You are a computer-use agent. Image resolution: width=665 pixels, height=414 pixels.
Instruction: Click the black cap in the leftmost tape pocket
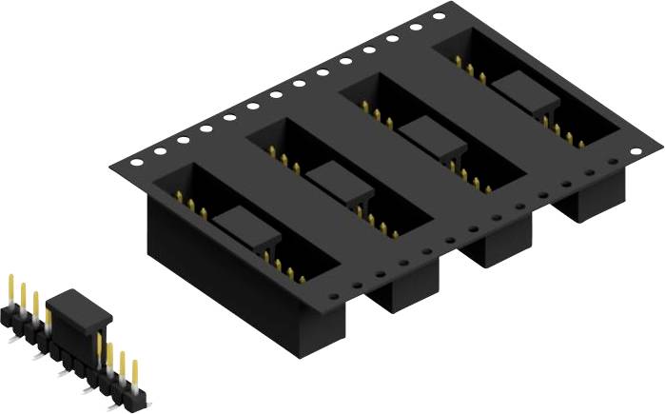click(245, 229)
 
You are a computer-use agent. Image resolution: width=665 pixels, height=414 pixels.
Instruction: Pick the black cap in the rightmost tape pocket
click(523, 90)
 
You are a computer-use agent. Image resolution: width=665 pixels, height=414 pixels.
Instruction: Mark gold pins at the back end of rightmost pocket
click(470, 67)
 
